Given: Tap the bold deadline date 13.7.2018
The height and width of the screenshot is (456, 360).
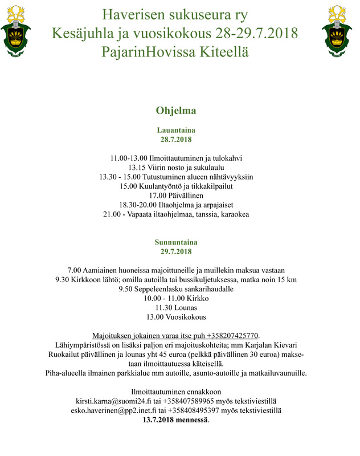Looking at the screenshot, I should coord(165,420).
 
